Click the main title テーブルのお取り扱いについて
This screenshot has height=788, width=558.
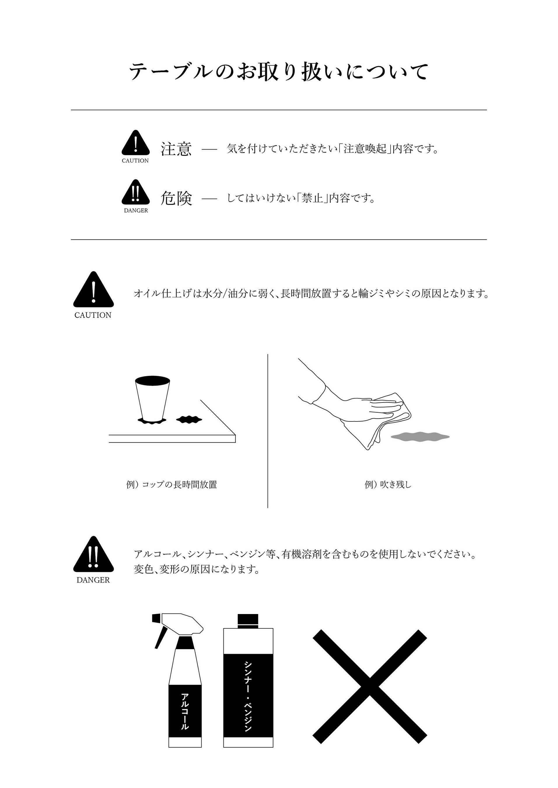point(279,72)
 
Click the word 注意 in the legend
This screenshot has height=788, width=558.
point(176,149)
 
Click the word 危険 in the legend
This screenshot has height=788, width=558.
point(176,198)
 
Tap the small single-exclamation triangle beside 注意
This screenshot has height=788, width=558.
point(136,143)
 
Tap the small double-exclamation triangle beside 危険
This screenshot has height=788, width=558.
point(136,192)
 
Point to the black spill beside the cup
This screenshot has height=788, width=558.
point(189,419)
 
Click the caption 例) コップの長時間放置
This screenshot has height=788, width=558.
point(172,485)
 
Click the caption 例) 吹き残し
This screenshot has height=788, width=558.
point(388,485)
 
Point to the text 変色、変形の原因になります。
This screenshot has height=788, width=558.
point(197,569)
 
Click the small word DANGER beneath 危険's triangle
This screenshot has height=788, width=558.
point(136,210)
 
